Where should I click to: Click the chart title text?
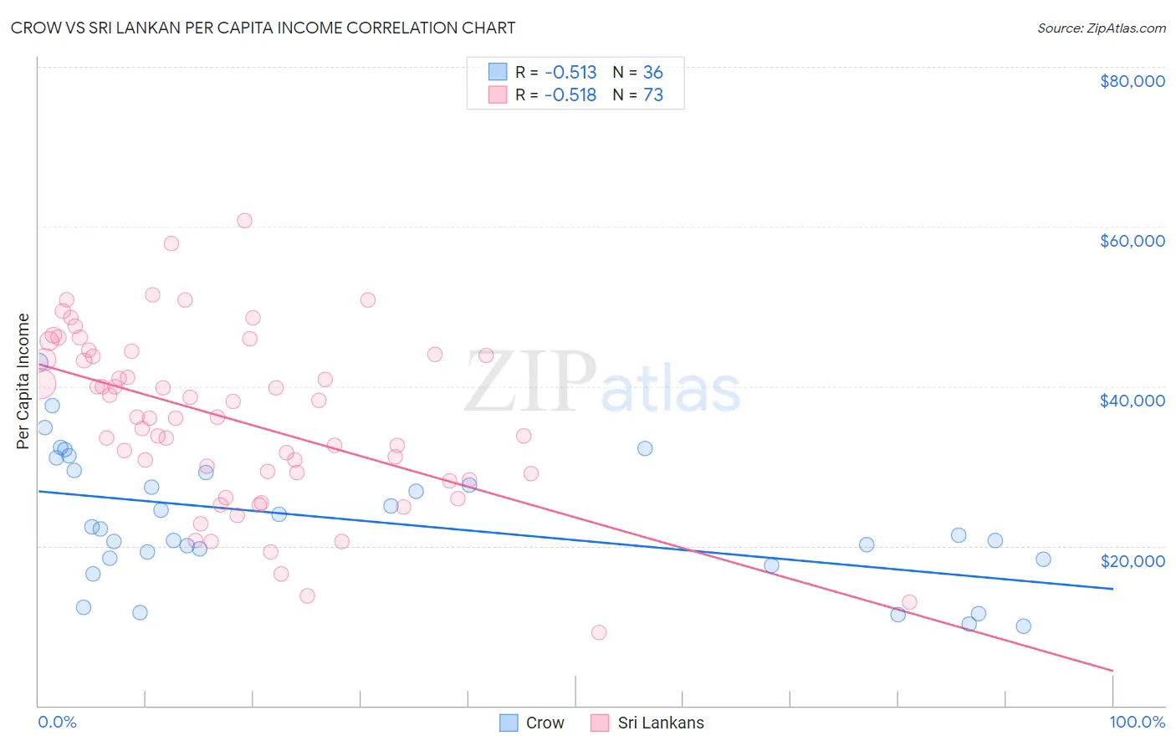263,28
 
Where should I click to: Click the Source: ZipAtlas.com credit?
1101,28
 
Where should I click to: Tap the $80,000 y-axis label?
1132,81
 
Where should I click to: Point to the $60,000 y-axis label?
1132,241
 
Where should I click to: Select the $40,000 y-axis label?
1132,401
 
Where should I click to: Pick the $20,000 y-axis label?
1132,561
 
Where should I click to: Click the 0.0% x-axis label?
57,722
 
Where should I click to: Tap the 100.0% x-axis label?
1137,722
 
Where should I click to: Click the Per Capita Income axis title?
23,381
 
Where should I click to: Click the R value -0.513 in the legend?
570,73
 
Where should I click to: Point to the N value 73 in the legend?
652,95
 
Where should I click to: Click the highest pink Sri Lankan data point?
244,221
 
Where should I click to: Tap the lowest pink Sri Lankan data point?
599,632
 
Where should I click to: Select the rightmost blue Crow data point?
1043,559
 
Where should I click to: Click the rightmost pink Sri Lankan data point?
909,602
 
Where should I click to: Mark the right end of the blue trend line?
1112,589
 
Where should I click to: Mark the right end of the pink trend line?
1112,670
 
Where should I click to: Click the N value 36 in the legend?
652,73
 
